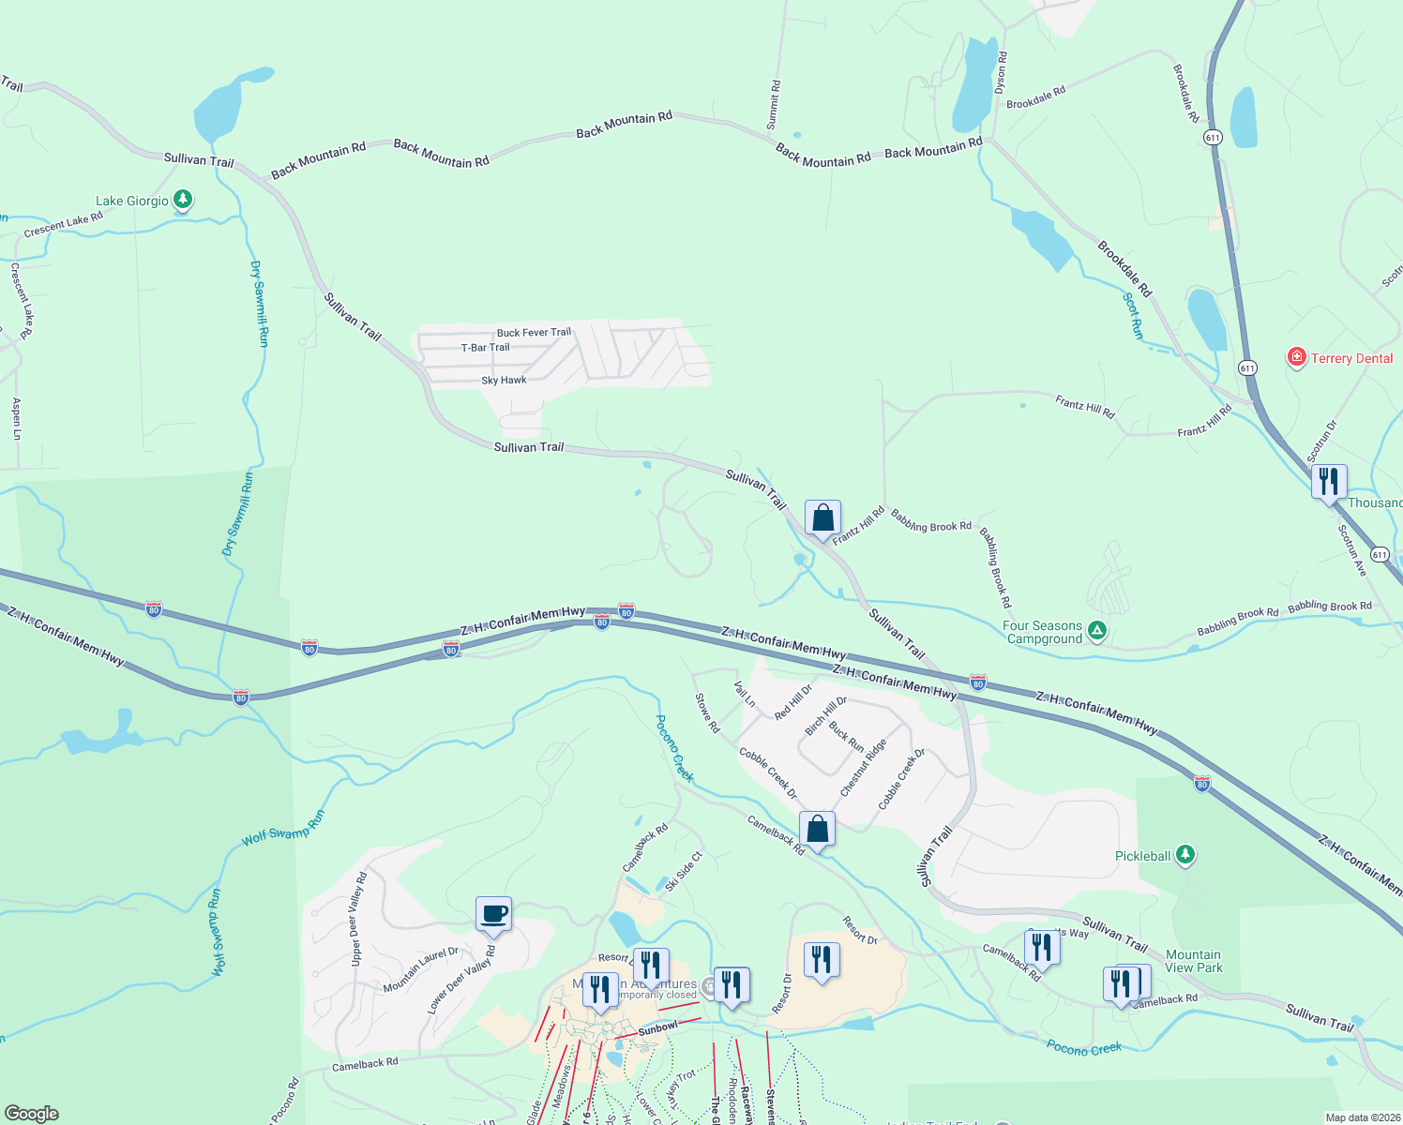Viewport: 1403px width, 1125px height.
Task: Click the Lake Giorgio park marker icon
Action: (183, 200)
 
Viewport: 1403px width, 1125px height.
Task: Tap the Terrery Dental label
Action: (1351, 358)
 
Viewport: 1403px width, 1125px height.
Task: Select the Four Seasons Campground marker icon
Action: (1097, 632)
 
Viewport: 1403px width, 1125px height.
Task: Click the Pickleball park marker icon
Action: (1185, 855)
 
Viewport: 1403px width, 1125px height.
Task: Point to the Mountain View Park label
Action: (1194, 961)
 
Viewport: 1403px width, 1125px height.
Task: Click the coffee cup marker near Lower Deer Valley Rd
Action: (494, 913)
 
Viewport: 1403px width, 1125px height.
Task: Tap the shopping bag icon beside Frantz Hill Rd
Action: (822, 517)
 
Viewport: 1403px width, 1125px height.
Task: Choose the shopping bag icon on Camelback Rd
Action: (817, 829)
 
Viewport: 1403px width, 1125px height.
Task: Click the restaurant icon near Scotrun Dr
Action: (1329, 482)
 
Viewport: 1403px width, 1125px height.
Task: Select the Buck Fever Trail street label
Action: (534, 333)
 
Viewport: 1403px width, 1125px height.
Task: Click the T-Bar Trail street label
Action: (485, 348)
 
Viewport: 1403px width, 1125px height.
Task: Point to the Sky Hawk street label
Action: (504, 381)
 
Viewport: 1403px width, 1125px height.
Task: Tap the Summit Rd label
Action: (773, 105)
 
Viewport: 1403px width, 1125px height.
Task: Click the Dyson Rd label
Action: (1001, 72)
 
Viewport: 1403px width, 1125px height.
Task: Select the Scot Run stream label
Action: (1133, 316)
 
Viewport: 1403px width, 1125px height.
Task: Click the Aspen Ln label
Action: (16, 418)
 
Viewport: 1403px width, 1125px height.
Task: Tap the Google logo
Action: (31, 1114)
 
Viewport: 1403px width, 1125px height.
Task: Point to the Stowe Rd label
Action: (707, 712)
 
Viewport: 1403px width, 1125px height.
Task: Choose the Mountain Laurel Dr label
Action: (420, 970)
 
